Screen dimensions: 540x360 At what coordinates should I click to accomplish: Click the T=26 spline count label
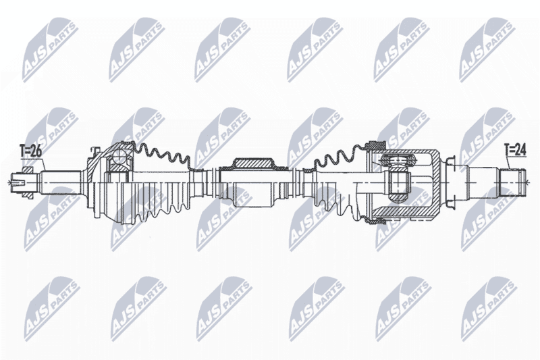(x=30, y=151)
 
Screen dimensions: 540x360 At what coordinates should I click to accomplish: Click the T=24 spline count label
(x=515, y=150)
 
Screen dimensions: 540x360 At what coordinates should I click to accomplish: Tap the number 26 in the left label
(x=36, y=151)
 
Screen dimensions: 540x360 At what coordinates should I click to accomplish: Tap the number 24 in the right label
(x=520, y=150)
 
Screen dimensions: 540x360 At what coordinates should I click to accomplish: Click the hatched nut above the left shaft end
(x=27, y=170)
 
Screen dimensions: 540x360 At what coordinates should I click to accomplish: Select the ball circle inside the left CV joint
(x=119, y=158)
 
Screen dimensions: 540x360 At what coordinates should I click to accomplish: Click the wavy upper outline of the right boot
(x=340, y=156)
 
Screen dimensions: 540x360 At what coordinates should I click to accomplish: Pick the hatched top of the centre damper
(x=254, y=163)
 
